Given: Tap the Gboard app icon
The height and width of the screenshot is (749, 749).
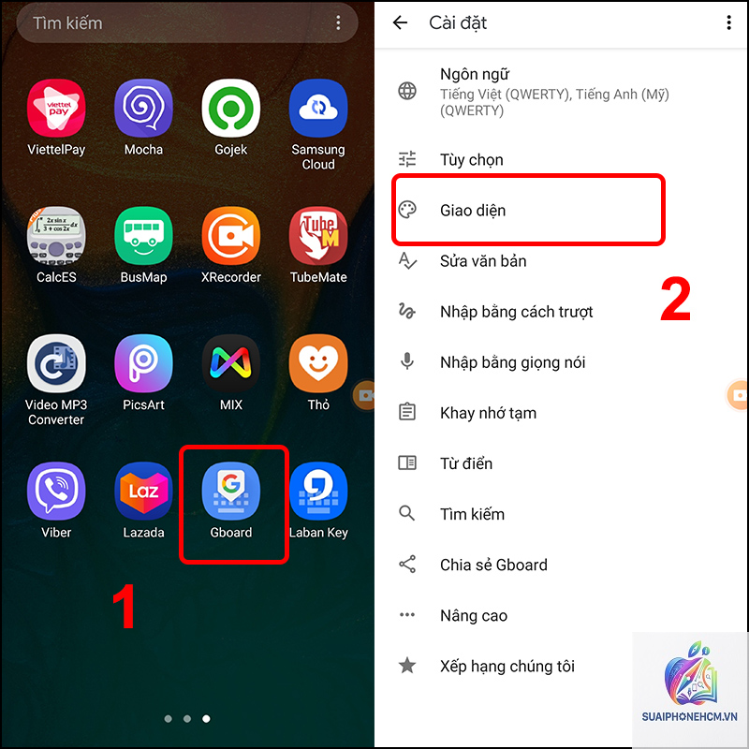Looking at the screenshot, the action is tap(231, 491).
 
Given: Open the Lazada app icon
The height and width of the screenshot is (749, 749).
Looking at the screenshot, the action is tap(144, 491).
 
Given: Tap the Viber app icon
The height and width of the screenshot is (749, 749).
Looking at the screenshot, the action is tap(56, 491).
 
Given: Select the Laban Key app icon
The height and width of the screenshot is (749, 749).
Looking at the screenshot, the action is tap(318, 491).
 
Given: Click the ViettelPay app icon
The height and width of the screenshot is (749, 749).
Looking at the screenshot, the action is tap(56, 108).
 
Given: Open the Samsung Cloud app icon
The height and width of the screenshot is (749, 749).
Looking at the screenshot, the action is tap(318, 108).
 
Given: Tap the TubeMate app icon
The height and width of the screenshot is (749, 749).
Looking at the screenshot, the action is tap(318, 236).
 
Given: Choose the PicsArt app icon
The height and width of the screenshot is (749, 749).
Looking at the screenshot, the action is tap(144, 363).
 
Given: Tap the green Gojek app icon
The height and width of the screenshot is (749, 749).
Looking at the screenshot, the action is tap(231, 108).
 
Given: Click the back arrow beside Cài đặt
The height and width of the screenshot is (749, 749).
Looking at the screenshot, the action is tap(401, 22).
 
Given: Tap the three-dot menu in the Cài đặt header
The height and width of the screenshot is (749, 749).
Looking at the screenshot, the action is tap(729, 22).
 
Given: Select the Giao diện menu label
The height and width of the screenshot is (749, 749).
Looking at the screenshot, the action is tap(473, 211).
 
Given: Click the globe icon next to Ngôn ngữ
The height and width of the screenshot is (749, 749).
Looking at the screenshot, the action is tap(407, 91).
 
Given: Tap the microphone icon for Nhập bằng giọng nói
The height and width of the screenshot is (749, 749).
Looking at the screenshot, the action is tap(407, 361).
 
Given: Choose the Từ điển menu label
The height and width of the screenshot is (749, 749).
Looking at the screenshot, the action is tap(466, 463).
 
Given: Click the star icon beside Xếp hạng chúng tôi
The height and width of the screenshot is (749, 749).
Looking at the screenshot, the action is tap(407, 665).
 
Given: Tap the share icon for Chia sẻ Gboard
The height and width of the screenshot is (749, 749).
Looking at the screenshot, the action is tap(407, 565).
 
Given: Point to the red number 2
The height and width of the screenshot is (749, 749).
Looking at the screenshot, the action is tap(675, 299).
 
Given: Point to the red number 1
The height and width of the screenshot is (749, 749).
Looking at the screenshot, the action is tap(125, 606).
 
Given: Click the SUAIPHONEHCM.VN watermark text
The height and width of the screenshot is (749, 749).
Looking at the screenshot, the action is tap(689, 716).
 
